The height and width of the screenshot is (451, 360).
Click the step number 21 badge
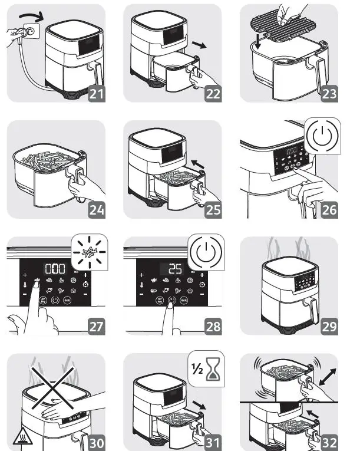pos(98,92)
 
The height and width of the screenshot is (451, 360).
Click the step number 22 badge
pos(214,92)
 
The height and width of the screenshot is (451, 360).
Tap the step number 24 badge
pos(98,208)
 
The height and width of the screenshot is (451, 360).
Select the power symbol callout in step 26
pos(323,136)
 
